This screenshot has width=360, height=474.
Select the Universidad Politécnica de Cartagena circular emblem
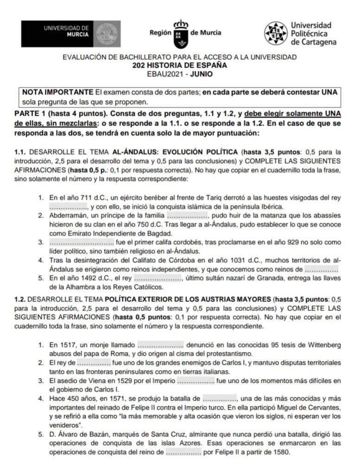point(277,33)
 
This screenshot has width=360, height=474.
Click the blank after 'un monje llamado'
point(161,345)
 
